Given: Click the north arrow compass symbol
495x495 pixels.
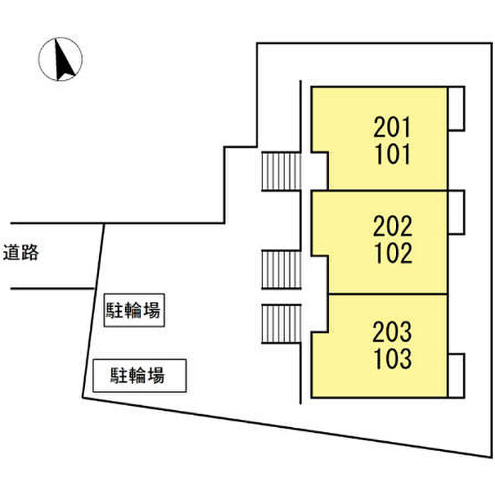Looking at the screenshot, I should click(60, 59).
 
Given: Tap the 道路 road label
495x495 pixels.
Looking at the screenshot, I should click(21, 253).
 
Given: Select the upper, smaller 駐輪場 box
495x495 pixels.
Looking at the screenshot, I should click(134, 311).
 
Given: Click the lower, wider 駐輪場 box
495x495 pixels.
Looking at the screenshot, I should click(139, 375).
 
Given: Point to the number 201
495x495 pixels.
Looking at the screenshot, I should click(392, 128).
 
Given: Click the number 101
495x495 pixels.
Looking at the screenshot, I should click(392, 154).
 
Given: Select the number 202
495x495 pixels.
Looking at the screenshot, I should click(392, 226).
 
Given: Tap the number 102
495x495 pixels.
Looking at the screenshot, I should click(392, 252).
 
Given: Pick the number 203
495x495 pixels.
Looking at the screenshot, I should click(392, 331).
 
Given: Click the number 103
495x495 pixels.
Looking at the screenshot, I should click(392, 358).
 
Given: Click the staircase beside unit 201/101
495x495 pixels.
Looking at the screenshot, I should click(281, 171).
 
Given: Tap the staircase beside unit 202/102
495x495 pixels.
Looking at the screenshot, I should click(281, 269).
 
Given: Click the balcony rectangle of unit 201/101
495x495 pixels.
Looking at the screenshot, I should click(456, 108).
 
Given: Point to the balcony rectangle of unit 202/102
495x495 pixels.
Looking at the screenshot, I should click(456, 212).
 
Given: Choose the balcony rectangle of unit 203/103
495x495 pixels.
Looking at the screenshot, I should click(456, 375).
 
